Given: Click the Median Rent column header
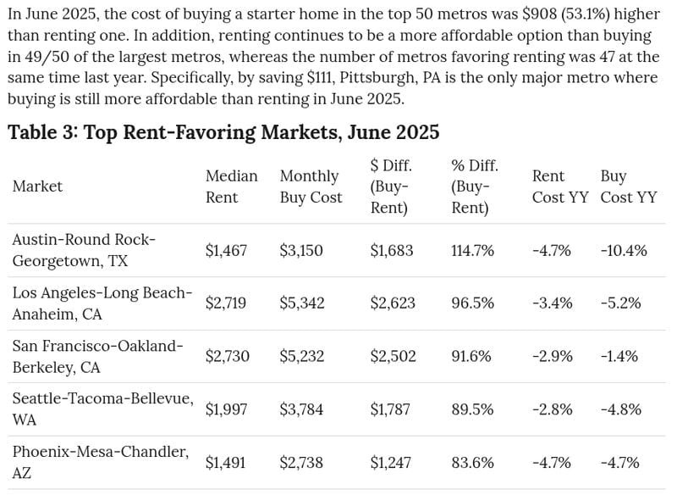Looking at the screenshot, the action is pyautogui.click(x=231, y=186).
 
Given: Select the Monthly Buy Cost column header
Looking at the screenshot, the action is pyautogui.click(x=311, y=186).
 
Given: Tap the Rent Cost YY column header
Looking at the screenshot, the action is pyautogui.click(x=560, y=186).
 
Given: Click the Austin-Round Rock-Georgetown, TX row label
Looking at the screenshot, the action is pyautogui.click(x=84, y=250).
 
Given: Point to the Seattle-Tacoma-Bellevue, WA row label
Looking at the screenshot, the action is pyautogui.click(x=102, y=409).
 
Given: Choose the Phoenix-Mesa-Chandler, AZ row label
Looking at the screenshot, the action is pyautogui.click(x=101, y=462).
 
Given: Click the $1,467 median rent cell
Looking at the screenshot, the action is pyautogui.click(x=226, y=250).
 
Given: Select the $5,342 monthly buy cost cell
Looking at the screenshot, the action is pyautogui.click(x=302, y=303).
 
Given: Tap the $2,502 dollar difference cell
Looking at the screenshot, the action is pyautogui.click(x=393, y=356).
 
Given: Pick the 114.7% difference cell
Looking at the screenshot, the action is pyautogui.click(x=473, y=250).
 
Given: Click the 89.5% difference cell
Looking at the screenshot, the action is pyautogui.click(x=472, y=409).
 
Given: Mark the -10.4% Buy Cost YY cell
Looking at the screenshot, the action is pyautogui.click(x=624, y=250).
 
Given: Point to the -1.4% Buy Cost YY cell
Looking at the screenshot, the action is pyautogui.click(x=619, y=356).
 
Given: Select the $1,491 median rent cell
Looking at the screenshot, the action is pyautogui.click(x=225, y=463).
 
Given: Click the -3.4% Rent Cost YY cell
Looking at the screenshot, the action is pyautogui.click(x=553, y=303).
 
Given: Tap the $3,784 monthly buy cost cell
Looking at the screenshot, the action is pyautogui.click(x=301, y=409).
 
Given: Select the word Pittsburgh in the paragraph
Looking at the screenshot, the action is pyautogui.click(x=375, y=78).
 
